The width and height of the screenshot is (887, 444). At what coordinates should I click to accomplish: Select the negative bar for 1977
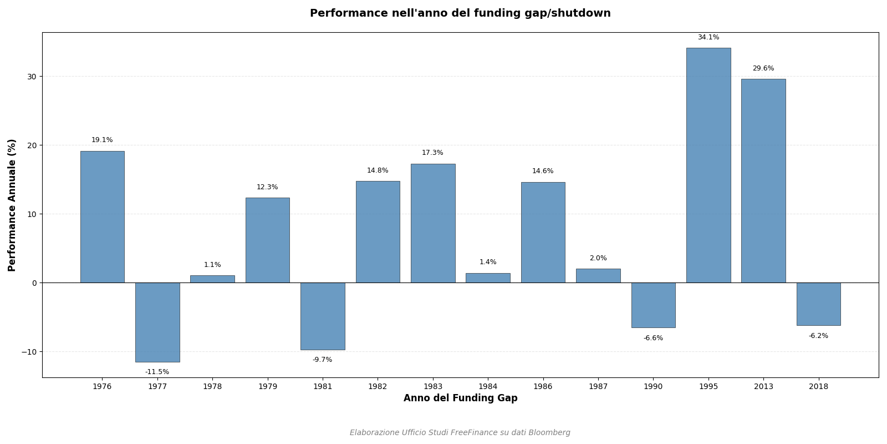point(157,322)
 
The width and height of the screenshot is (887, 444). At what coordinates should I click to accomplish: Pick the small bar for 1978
point(212,279)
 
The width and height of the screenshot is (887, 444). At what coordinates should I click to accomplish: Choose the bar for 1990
point(653,305)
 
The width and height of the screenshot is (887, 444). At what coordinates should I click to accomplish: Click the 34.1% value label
point(708,38)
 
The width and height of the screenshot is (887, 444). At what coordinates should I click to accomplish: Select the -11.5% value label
point(157,372)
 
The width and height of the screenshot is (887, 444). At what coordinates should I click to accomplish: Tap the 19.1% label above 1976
point(102,140)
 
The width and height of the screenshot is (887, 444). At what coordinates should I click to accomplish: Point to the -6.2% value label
point(818,336)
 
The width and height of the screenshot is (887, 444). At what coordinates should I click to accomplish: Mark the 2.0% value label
point(598,259)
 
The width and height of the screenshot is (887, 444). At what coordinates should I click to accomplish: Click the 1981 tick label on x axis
point(323,387)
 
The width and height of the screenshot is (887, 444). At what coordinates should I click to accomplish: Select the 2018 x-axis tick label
point(818,387)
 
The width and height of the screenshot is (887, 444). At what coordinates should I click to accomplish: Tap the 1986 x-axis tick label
point(543,387)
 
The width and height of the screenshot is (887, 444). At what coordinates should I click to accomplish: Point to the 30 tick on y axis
point(32,77)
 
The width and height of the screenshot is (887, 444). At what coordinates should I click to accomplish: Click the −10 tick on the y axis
point(29,352)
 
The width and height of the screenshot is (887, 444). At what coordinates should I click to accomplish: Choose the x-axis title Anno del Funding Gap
point(460,398)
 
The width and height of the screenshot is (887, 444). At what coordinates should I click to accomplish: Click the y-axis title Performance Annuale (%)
point(12,205)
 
